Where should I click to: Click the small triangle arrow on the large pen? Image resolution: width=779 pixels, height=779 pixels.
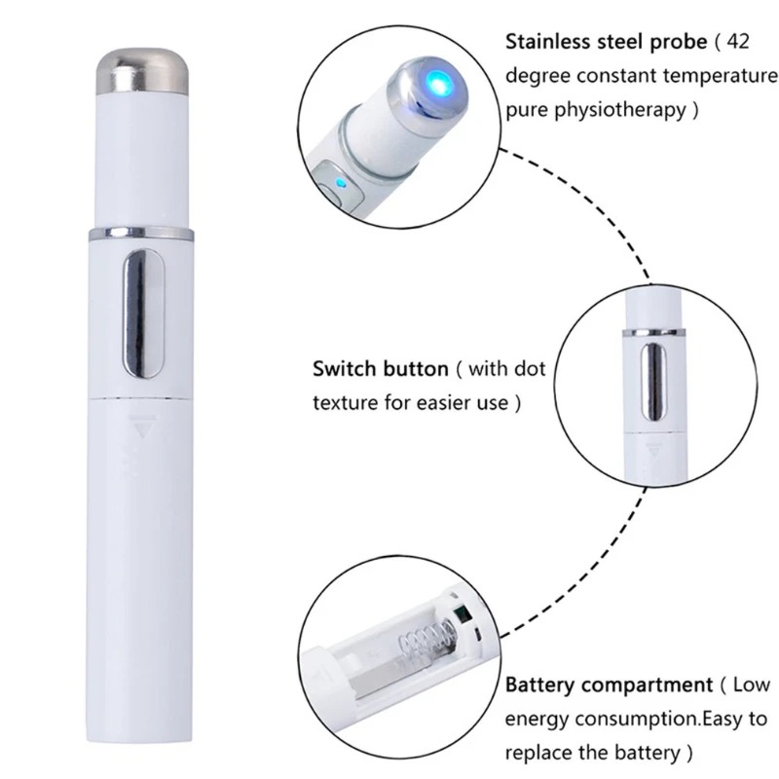point(148,426)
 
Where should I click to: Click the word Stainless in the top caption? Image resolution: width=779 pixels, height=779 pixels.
point(551,43)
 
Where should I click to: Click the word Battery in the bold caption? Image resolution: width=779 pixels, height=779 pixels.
point(542,685)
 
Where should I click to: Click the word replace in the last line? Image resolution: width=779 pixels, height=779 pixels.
point(538,752)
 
